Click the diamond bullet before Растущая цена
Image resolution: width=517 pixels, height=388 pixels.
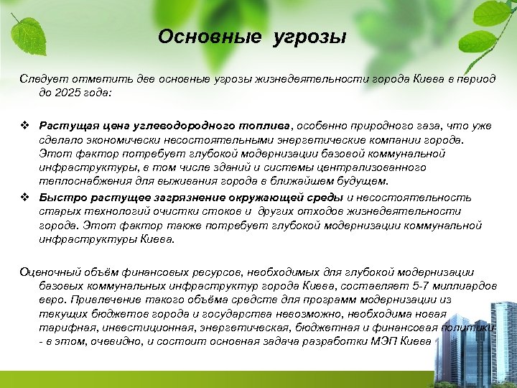tap(25, 126)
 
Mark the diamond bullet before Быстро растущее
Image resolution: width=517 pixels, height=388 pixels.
tap(25, 198)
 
